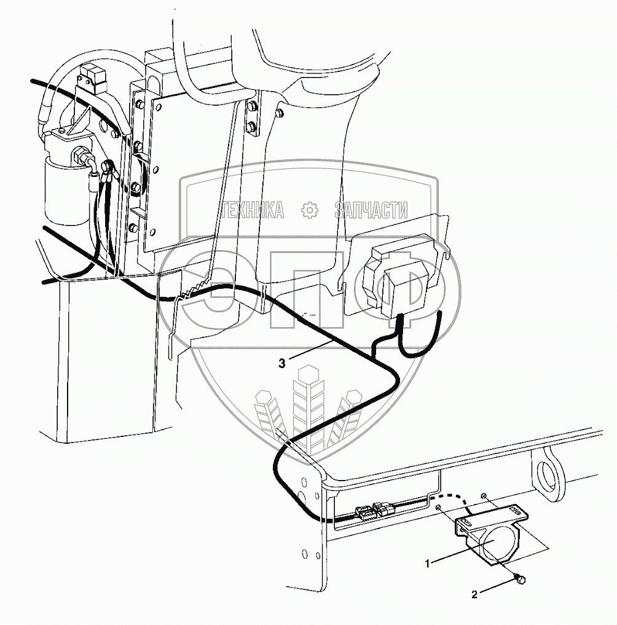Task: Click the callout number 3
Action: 282,363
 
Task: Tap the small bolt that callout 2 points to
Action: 521,578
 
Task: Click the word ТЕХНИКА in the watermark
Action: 252,211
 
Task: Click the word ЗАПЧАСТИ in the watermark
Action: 371,211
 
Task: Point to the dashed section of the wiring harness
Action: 452,498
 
